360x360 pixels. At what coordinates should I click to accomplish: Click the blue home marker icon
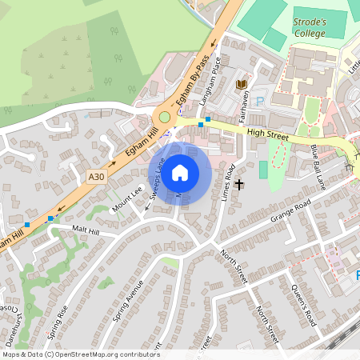coord(180,172)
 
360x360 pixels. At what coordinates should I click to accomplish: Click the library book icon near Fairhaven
coord(242,85)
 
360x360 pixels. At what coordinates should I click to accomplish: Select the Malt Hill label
coord(86,230)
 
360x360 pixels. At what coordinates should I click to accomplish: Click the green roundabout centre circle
coord(165,117)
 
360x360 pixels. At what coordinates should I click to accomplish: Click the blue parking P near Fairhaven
coord(260,102)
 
